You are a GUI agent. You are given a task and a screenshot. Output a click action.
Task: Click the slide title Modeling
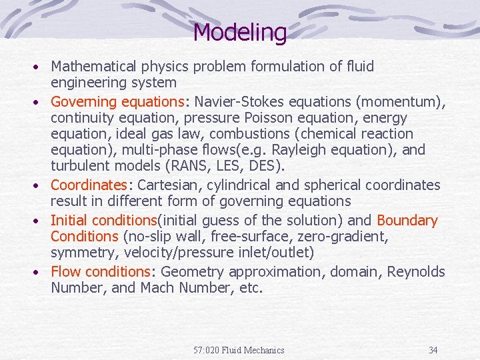(x=240, y=32)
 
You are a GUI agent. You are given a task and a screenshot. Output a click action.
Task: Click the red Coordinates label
(x=89, y=185)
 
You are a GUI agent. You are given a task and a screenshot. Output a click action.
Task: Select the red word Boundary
(x=407, y=221)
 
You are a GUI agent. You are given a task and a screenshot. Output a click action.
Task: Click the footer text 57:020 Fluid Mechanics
(x=239, y=350)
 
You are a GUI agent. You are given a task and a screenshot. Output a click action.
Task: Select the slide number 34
(x=433, y=350)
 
